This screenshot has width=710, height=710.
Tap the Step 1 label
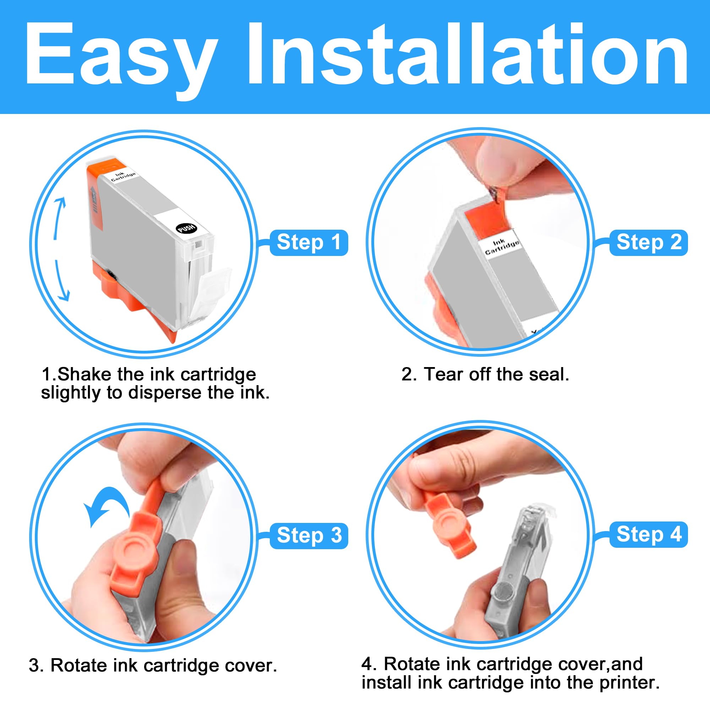(309, 242)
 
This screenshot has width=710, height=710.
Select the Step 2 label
(649, 242)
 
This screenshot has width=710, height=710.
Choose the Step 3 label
(309, 535)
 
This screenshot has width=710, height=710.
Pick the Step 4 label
(649, 534)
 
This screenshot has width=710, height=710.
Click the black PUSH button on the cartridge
(187, 228)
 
